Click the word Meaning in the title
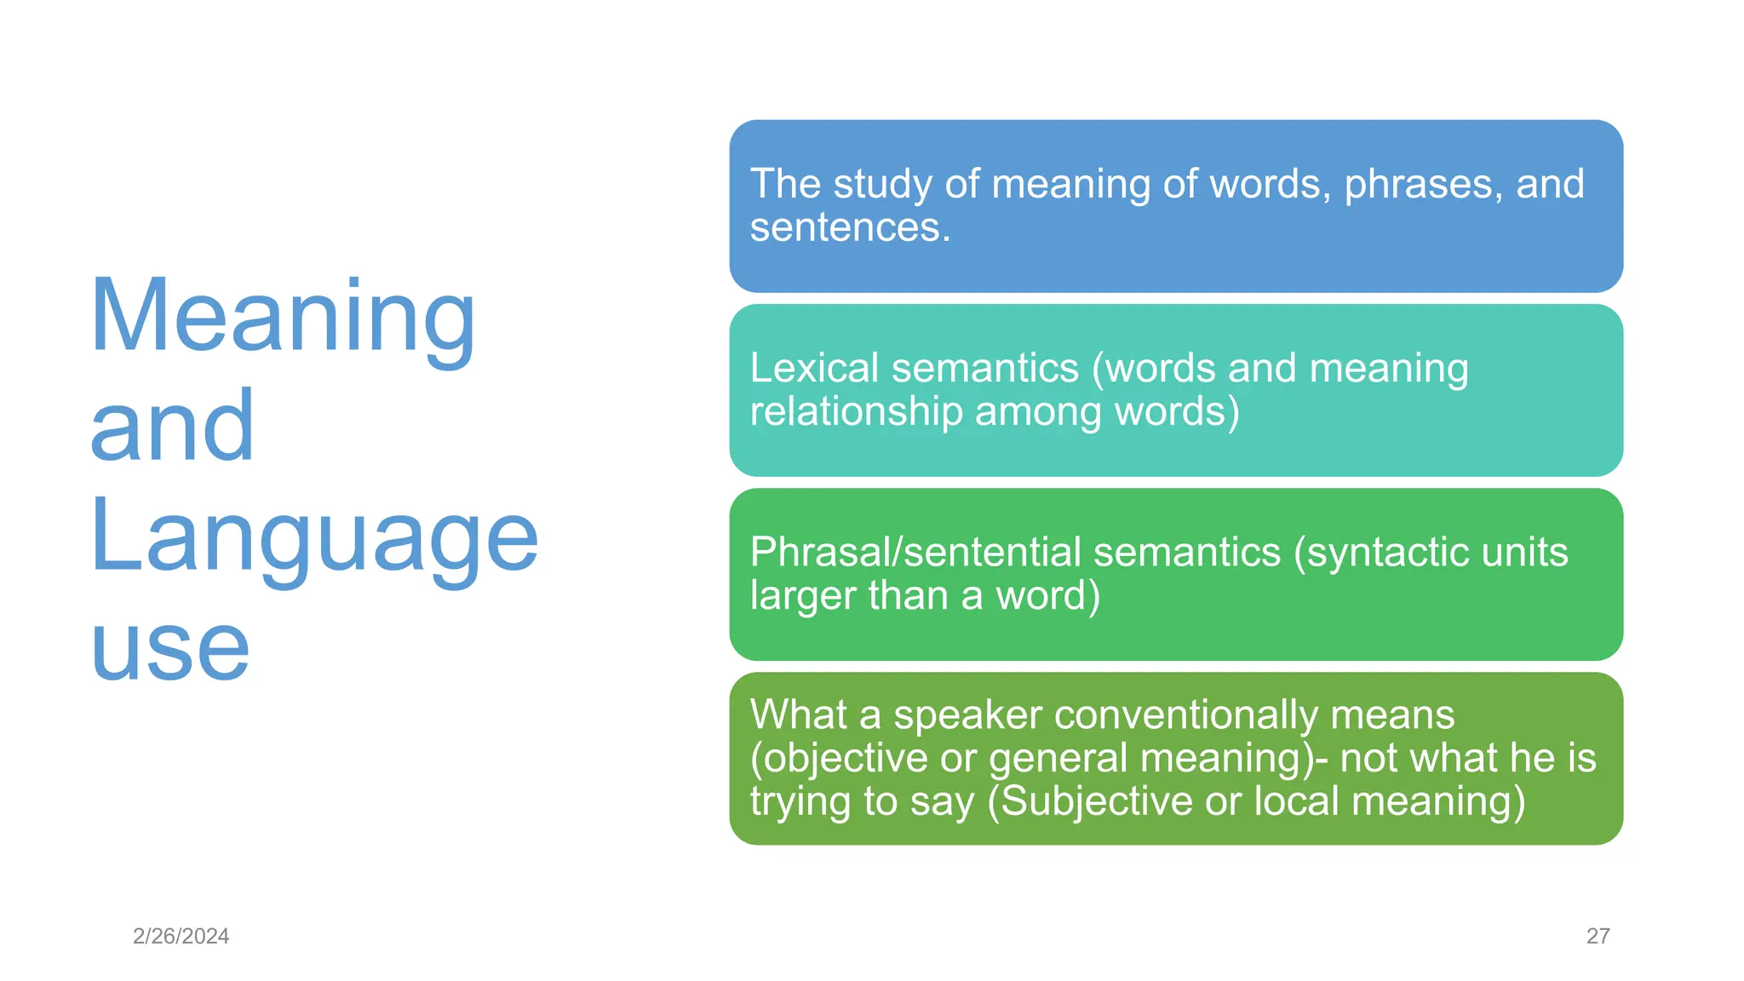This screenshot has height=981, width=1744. (282, 317)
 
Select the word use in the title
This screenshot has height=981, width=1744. (170, 649)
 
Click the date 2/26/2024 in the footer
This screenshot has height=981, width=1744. (181, 936)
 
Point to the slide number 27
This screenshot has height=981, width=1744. (1598, 936)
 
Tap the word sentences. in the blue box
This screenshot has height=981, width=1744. (850, 227)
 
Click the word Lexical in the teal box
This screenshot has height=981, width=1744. (813, 369)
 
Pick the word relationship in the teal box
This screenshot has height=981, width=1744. (856, 412)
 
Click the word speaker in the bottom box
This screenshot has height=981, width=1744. (967, 714)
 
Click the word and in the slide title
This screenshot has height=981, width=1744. (172, 426)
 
